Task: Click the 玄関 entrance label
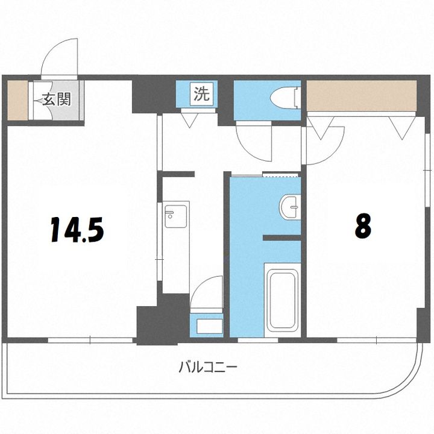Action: (57, 99)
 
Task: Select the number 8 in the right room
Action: (362, 226)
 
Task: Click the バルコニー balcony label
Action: (208, 366)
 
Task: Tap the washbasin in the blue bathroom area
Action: (290, 207)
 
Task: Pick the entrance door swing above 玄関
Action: (61, 57)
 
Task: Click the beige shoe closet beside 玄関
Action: (17, 99)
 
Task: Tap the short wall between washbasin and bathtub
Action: (281, 239)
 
